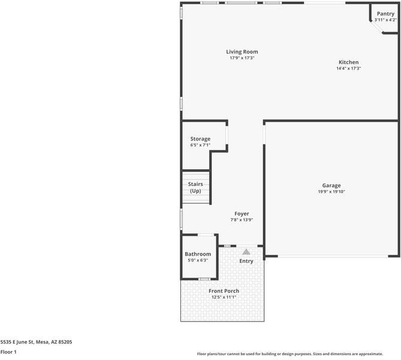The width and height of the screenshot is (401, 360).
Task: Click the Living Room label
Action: click(x=242, y=52)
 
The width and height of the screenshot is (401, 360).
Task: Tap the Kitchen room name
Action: click(x=348, y=62)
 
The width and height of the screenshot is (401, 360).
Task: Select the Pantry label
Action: click(x=385, y=14)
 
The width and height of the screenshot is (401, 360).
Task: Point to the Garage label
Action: click(x=331, y=186)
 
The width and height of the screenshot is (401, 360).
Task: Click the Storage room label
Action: click(x=200, y=139)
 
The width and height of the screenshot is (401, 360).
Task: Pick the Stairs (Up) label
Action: click(x=195, y=187)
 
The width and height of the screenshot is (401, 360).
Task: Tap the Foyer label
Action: click(x=242, y=214)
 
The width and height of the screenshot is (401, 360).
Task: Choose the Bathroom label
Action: click(x=198, y=254)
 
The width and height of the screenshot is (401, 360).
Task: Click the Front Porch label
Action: click(x=224, y=291)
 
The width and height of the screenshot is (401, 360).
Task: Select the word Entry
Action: click(x=246, y=261)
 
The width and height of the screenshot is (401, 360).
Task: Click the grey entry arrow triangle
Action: click(x=246, y=251)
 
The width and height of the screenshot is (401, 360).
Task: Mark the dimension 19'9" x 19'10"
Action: click(x=331, y=192)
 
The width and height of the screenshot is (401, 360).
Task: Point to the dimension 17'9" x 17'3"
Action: click(x=242, y=58)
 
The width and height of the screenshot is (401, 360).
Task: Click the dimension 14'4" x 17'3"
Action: click(x=348, y=68)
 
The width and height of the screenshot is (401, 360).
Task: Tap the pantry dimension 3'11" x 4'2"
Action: click(x=385, y=20)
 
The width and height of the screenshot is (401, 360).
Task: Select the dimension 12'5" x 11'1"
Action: click(x=224, y=297)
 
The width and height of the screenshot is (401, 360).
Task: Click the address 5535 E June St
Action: click(x=36, y=341)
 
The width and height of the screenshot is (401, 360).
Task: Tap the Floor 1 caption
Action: click(x=8, y=352)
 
